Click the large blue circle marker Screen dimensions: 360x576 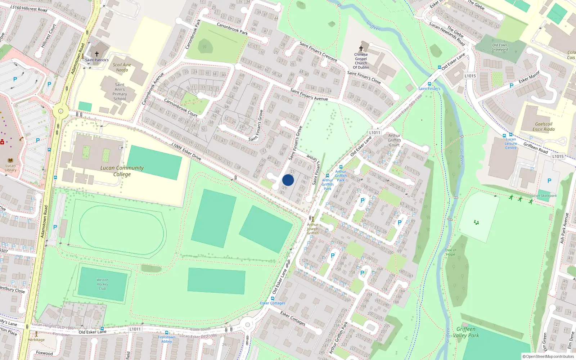(x=288, y=180)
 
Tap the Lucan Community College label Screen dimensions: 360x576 (x=122, y=171)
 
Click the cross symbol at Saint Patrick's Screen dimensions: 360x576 (x=96, y=54)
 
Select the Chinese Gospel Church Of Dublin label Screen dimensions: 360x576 (x=361, y=61)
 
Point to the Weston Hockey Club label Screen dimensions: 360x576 (x=102, y=284)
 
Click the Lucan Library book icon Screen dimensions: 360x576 (x=10, y=161)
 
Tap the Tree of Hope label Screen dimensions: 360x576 (x=450, y=252)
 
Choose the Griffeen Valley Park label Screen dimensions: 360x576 (x=466, y=332)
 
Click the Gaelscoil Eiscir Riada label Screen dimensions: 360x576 (x=544, y=126)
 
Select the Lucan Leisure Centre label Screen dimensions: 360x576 (x=510, y=143)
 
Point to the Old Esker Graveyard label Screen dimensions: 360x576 (x=500, y=47)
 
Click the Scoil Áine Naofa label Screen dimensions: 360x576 (x=122, y=67)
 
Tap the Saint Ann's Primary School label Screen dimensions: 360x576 (x=120, y=91)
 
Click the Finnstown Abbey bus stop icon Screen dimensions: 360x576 (x=166, y=333)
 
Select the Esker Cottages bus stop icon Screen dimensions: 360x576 (x=272, y=298)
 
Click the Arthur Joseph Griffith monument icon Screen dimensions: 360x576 (x=312, y=219)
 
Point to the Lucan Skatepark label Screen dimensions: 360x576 (x=544, y=196)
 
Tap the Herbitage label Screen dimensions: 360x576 (x=36, y=339)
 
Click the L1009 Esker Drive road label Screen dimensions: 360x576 (x=186, y=151)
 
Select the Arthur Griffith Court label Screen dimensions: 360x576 (x=394, y=140)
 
